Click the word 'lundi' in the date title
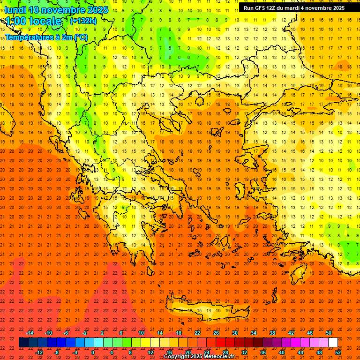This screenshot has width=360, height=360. (15, 10)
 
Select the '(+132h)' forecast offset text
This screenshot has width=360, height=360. (83, 21)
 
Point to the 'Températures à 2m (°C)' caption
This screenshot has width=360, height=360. (46, 37)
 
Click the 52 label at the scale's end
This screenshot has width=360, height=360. (338, 352)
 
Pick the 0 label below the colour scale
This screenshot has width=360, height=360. (93, 352)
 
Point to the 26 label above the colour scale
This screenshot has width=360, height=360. (216, 333)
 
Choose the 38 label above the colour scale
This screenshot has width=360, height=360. (272, 333)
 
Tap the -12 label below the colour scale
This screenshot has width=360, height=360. (39, 352)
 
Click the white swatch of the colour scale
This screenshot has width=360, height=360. (333, 343)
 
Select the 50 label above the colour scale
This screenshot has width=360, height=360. (329, 333)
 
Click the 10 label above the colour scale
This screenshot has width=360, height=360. (141, 333)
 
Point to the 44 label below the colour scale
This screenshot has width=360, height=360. (300, 352)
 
